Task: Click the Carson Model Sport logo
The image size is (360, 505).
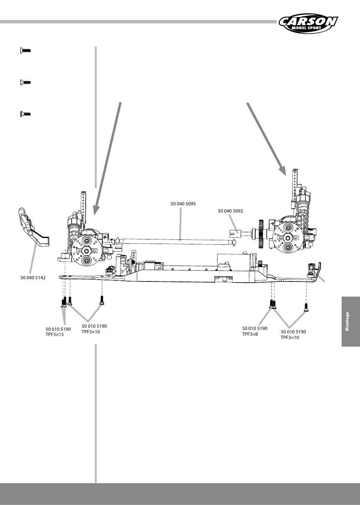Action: click(308, 23)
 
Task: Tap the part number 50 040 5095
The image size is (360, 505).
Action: click(183, 204)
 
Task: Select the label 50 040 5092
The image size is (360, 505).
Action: click(230, 211)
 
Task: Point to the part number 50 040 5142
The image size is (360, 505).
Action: click(33, 278)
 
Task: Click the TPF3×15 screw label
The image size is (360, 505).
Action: click(55, 335)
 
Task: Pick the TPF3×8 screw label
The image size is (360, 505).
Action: click(250, 334)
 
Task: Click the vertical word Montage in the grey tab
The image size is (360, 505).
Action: click(347, 321)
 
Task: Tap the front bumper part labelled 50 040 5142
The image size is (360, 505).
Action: click(34, 227)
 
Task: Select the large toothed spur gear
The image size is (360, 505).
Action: click(261, 234)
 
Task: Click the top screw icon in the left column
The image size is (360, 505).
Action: click(25, 50)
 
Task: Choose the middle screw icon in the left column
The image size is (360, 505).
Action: click(25, 82)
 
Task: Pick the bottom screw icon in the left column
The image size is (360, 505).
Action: click(25, 114)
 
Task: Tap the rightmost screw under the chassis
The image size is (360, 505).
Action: click(306, 308)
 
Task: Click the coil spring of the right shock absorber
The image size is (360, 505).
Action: click(304, 215)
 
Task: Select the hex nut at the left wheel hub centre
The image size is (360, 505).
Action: click(86, 250)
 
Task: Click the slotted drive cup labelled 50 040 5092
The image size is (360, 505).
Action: click(235, 233)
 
